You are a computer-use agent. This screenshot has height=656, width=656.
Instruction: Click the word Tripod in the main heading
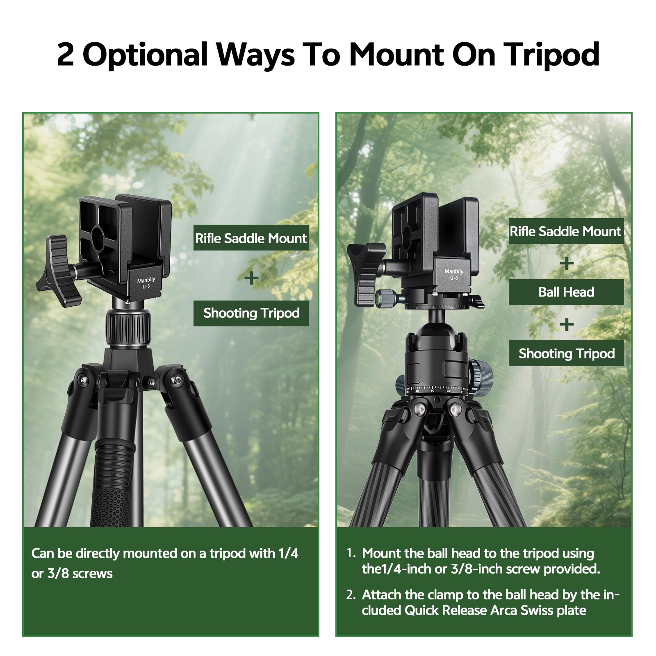(x=551, y=54)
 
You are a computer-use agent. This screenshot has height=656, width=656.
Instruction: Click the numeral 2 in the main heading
(x=66, y=55)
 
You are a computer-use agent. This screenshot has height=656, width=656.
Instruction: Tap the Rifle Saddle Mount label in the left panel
(x=251, y=238)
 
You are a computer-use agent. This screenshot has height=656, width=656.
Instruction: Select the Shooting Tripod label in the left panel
(x=251, y=313)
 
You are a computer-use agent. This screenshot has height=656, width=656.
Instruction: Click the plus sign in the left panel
(x=251, y=278)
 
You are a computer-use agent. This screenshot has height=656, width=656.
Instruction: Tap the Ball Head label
(x=566, y=292)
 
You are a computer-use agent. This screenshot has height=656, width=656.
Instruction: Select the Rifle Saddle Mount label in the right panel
(x=566, y=231)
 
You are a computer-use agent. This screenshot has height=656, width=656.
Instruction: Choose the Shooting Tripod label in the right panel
(x=566, y=353)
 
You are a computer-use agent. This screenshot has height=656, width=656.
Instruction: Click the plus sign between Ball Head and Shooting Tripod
(x=566, y=325)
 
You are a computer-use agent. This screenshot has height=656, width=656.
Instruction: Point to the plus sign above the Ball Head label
(x=566, y=263)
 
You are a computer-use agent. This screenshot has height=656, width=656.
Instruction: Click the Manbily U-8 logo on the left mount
(x=146, y=283)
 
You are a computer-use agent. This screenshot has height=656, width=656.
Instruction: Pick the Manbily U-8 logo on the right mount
(x=453, y=274)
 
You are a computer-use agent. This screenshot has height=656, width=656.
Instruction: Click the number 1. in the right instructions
(x=351, y=553)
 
